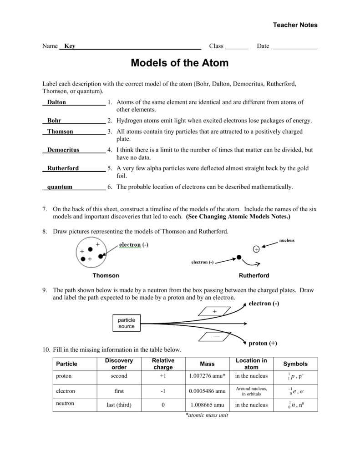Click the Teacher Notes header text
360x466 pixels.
[295, 25]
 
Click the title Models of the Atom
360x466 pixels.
[180, 63]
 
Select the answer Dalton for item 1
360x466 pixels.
[56, 102]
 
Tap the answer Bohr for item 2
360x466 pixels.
[54, 121]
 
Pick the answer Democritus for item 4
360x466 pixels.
[63, 150]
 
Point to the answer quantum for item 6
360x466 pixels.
[60, 187]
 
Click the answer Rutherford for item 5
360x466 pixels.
[63, 168]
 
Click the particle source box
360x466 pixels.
[127, 323]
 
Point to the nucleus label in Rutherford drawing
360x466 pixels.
[287, 240]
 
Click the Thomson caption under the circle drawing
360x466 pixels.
[106, 275]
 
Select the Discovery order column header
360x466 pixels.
[119, 364]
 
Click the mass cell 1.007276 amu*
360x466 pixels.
[207, 376]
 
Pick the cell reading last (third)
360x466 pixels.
[119, 405]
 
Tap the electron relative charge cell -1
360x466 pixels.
[163, 391]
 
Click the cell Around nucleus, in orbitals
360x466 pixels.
[251, 391]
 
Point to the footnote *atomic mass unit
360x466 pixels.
[207, 415]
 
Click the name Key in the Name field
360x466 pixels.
[70, 46]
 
